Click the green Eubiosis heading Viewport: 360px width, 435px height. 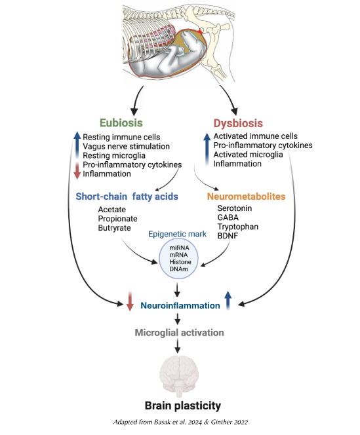click(x=121, y=123)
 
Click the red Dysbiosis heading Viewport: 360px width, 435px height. click(x=238, y=123)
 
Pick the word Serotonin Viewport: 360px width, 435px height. click(x=235, y=208)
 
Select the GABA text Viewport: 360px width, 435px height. click(x=229, y=217)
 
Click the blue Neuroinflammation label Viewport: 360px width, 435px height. click(x=180, y=305)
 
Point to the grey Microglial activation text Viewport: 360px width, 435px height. click(x=179, y=333)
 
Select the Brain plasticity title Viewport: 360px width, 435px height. click(x=179, y=405)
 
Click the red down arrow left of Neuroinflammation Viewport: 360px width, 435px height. click(x=130, y=303)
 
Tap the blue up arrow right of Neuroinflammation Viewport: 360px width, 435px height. click(x=228, y=301)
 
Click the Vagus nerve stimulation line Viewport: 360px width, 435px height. click(x=126, y=146)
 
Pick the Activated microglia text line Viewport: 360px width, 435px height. click(x=248, y=155)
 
